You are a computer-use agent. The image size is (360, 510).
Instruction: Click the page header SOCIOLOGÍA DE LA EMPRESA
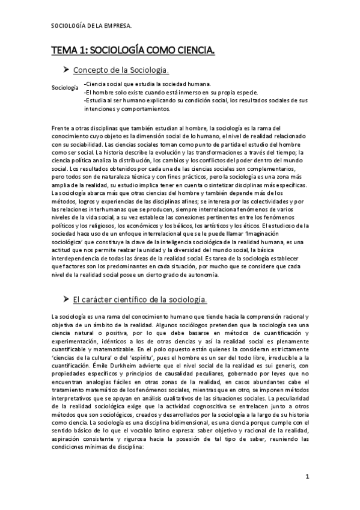91,26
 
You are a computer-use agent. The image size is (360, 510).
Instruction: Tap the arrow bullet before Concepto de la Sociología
67,70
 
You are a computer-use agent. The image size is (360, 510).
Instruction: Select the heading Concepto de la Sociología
117,71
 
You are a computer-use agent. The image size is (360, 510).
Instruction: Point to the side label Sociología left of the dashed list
65,88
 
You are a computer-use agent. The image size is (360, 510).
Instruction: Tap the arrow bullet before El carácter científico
67,299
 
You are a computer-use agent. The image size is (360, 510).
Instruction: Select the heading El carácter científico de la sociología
140,300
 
